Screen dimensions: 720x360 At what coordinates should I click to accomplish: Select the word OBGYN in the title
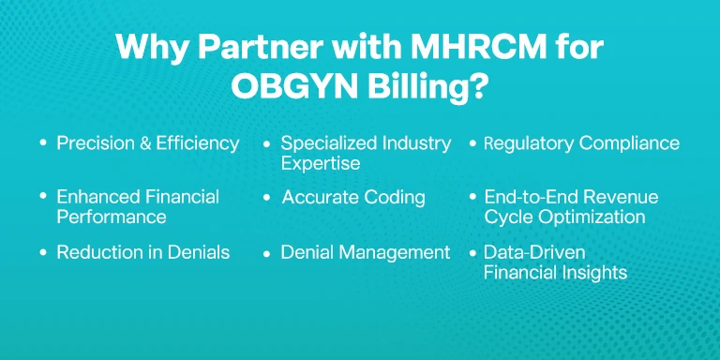click(294, 86)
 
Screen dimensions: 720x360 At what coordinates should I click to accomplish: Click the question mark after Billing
click(477, 86)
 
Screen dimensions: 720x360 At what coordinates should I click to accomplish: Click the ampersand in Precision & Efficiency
click(145, 143)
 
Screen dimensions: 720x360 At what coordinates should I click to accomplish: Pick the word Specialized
click(322, 143)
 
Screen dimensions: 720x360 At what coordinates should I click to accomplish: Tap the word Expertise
click(321, 164)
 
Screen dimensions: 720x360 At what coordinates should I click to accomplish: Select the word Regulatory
click(529, 143)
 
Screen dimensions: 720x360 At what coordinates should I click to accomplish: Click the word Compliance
click(629, 143)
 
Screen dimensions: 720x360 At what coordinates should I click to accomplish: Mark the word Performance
click(112, 217)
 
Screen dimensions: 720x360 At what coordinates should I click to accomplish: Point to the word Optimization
click(592, 217)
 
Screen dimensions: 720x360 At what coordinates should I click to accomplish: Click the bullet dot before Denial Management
click(267, 253)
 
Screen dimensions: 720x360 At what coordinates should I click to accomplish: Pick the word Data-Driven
click(534, 252)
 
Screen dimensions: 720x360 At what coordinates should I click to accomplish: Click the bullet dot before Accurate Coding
click(267, 198)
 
